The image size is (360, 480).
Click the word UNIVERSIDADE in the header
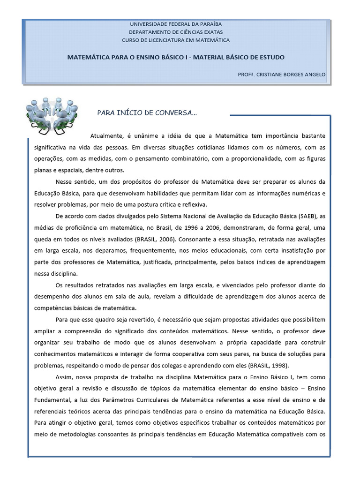[x=149, y=24]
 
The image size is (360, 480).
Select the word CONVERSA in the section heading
[x=177, y=113]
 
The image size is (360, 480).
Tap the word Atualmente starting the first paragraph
[x=107, y=136]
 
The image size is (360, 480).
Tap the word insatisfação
[x=295, y=250]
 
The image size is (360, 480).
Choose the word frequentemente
[x=166, y=250]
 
